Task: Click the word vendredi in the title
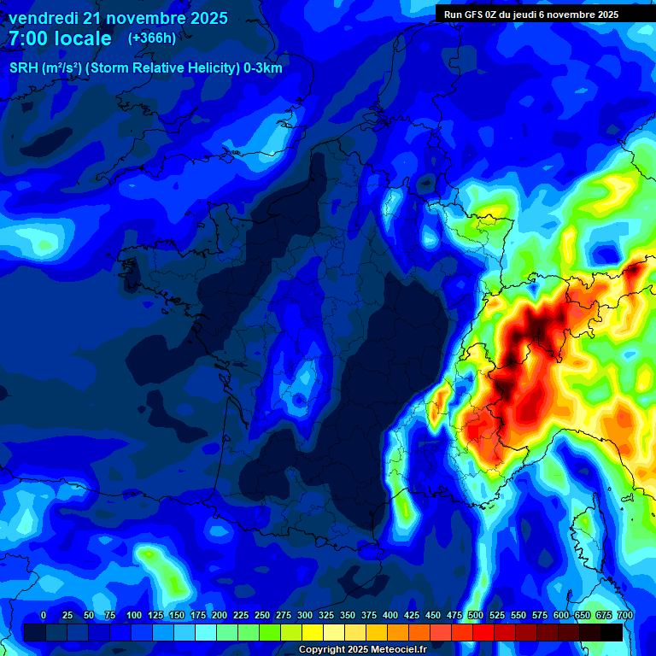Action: (x=43, y=18)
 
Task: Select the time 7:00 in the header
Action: (x=27, y=38)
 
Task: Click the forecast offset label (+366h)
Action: (x=152, y=38)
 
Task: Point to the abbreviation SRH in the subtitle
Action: (x=25, y=68)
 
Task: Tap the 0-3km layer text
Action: (x=262, y=68)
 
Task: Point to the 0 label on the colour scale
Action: (x=44, y=615)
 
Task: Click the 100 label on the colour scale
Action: (x=134, y=615)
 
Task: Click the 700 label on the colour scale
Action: (x=625, y=615)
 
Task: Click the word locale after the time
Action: (x=80, y=38)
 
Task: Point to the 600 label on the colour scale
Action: (x=561, y=615)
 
